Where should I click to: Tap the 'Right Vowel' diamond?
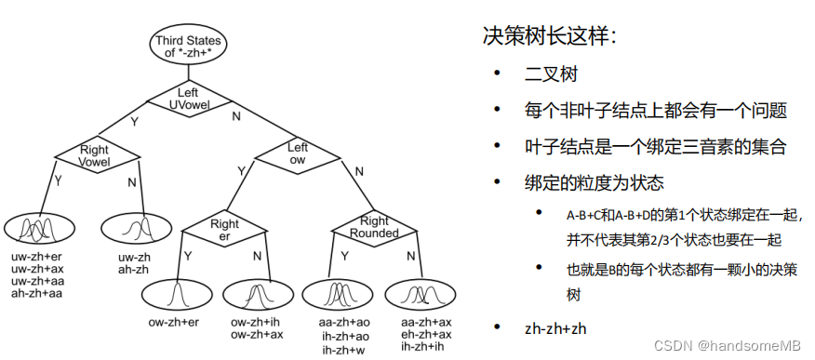(95, 154)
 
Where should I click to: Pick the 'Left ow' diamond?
(297, 153)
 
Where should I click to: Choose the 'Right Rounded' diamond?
(374, 226)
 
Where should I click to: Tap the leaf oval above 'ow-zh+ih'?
(252, 295)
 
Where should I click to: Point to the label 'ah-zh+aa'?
(37, 292)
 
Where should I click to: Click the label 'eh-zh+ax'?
(426, 335)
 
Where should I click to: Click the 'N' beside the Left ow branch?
(358, 170)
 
